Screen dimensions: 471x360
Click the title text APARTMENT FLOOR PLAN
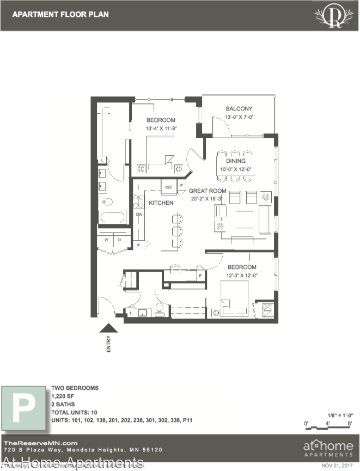(x=60, y=14)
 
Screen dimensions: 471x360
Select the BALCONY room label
(x=239, y=109)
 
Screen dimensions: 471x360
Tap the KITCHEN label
(x=161, y=203)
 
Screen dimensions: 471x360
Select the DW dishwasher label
(x=139, y=215)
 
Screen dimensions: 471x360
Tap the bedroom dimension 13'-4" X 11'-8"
(x=162, y=129)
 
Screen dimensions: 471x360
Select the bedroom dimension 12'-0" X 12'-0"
(x=242, y=276)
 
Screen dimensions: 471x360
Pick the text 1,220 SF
(x=63, y=396)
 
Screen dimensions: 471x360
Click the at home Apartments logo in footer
(x=328, y=446)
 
